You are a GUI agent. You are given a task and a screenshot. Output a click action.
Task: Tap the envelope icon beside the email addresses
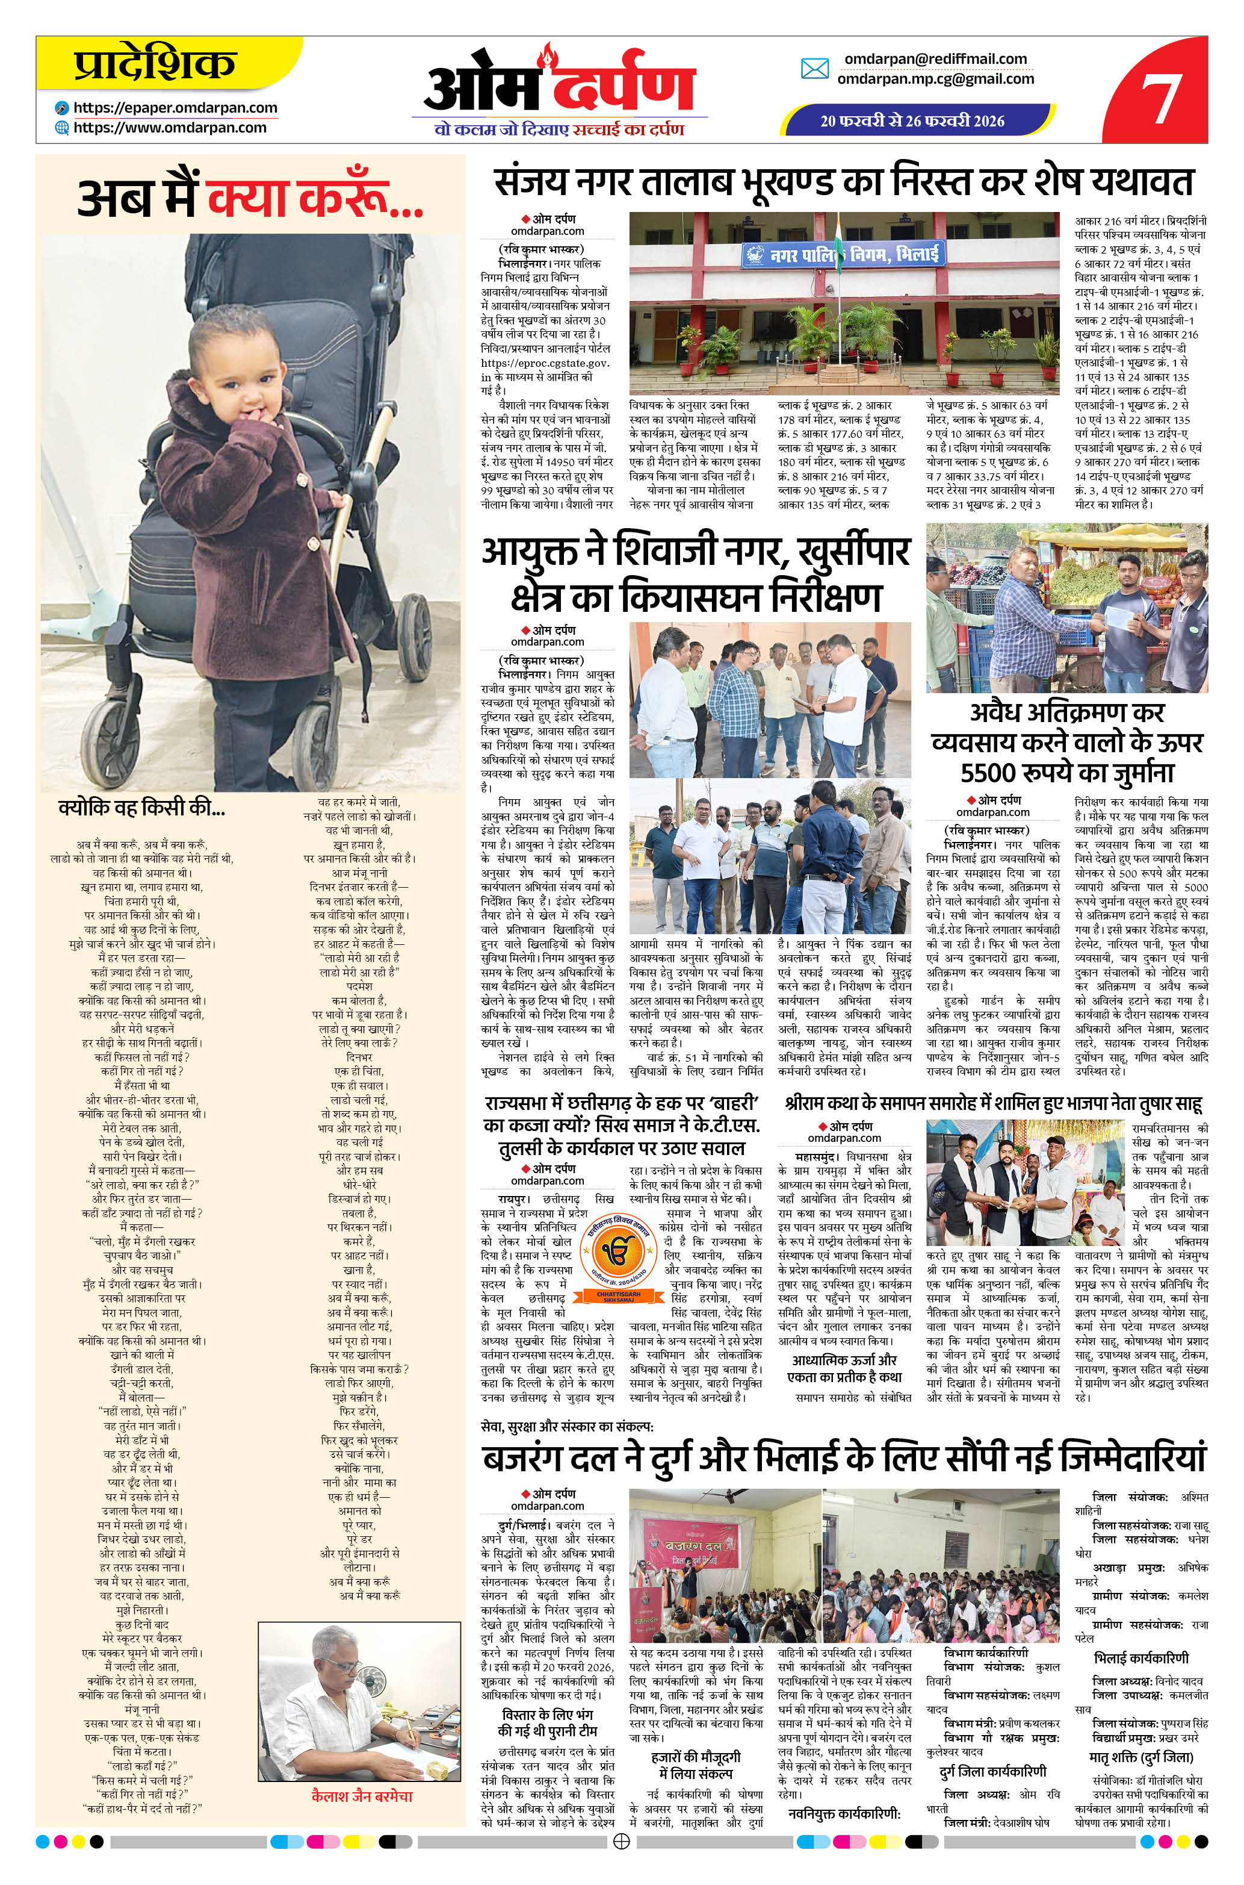tap(815, 69)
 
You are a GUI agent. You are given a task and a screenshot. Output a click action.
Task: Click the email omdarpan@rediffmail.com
tap(935, 59)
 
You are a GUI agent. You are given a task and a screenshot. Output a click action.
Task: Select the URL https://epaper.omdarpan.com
tap(175, 108)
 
